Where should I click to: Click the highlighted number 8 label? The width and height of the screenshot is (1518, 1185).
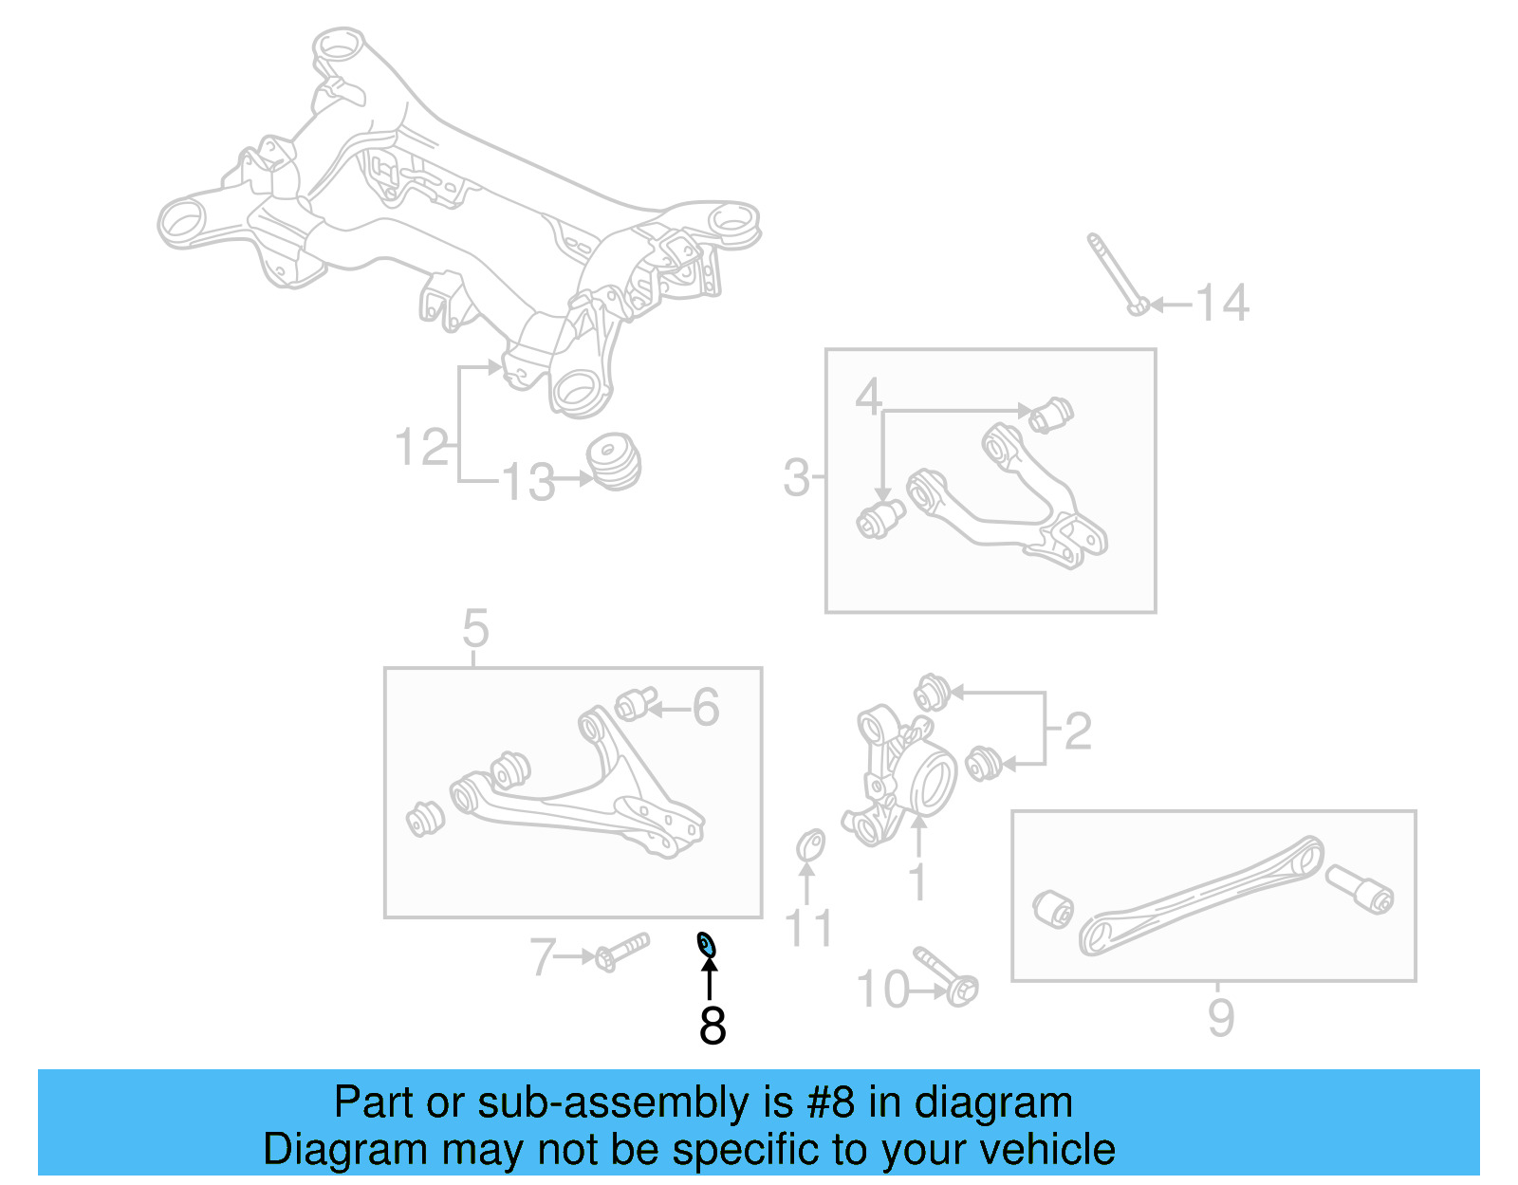click(x=713, y=1025)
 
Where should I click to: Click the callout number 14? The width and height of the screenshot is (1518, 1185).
click(x=1221, y=304)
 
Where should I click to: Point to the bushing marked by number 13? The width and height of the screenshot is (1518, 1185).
click(x=614, y=462)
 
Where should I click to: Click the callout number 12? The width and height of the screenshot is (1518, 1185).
click(x=421, y=447)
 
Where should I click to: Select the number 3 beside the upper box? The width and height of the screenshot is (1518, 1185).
click(x=796, y=477)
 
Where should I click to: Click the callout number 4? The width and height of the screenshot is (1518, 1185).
click(x=868, y=397)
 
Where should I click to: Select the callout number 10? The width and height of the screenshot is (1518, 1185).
click(x=882, y=990)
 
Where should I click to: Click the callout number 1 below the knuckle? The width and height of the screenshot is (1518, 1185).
click(x=917, y=881)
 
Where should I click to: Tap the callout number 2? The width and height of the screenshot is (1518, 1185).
click(x=1078, y=731)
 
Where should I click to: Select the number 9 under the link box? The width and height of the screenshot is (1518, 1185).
click(x=1221, y=1018)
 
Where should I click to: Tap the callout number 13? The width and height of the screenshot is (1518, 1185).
click(x=528, y=482)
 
